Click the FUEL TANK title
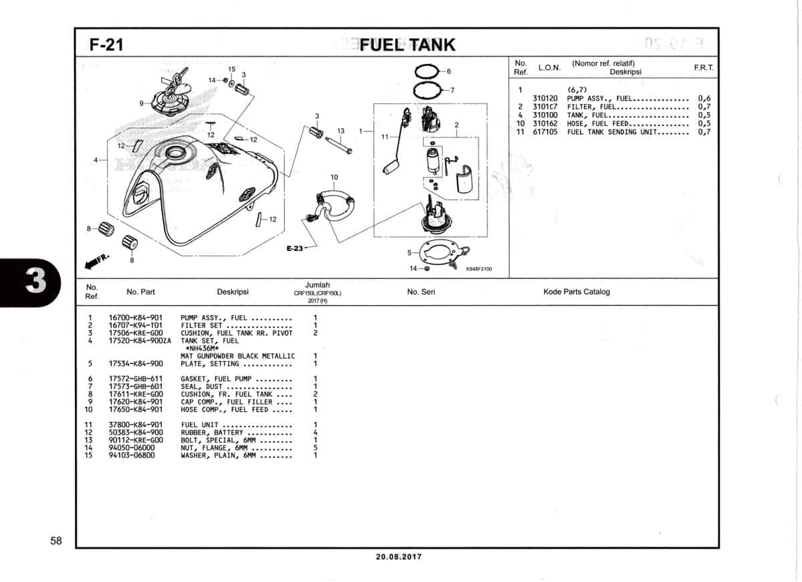pyautogui.click(x=408, y=45)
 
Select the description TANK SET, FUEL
pyautogui.click(x=209, y=341)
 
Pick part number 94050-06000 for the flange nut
pyautogui.click(x=132, y=448)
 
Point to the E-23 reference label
pyautogui.click(x=295, y=248)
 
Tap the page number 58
pyautogui.click(x=56, y=541)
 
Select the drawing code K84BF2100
pyautogui.click(x=479, y=269)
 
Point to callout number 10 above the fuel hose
pyautogui.click(x=334, y=177)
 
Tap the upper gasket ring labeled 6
pyautogui.click(x=426, y=71)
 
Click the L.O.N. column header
pyautogui.click(x=549, y=67)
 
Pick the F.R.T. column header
pyautogui.click(x=704, y=67)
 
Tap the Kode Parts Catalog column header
pyautogui.click(x=576, y=292)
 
